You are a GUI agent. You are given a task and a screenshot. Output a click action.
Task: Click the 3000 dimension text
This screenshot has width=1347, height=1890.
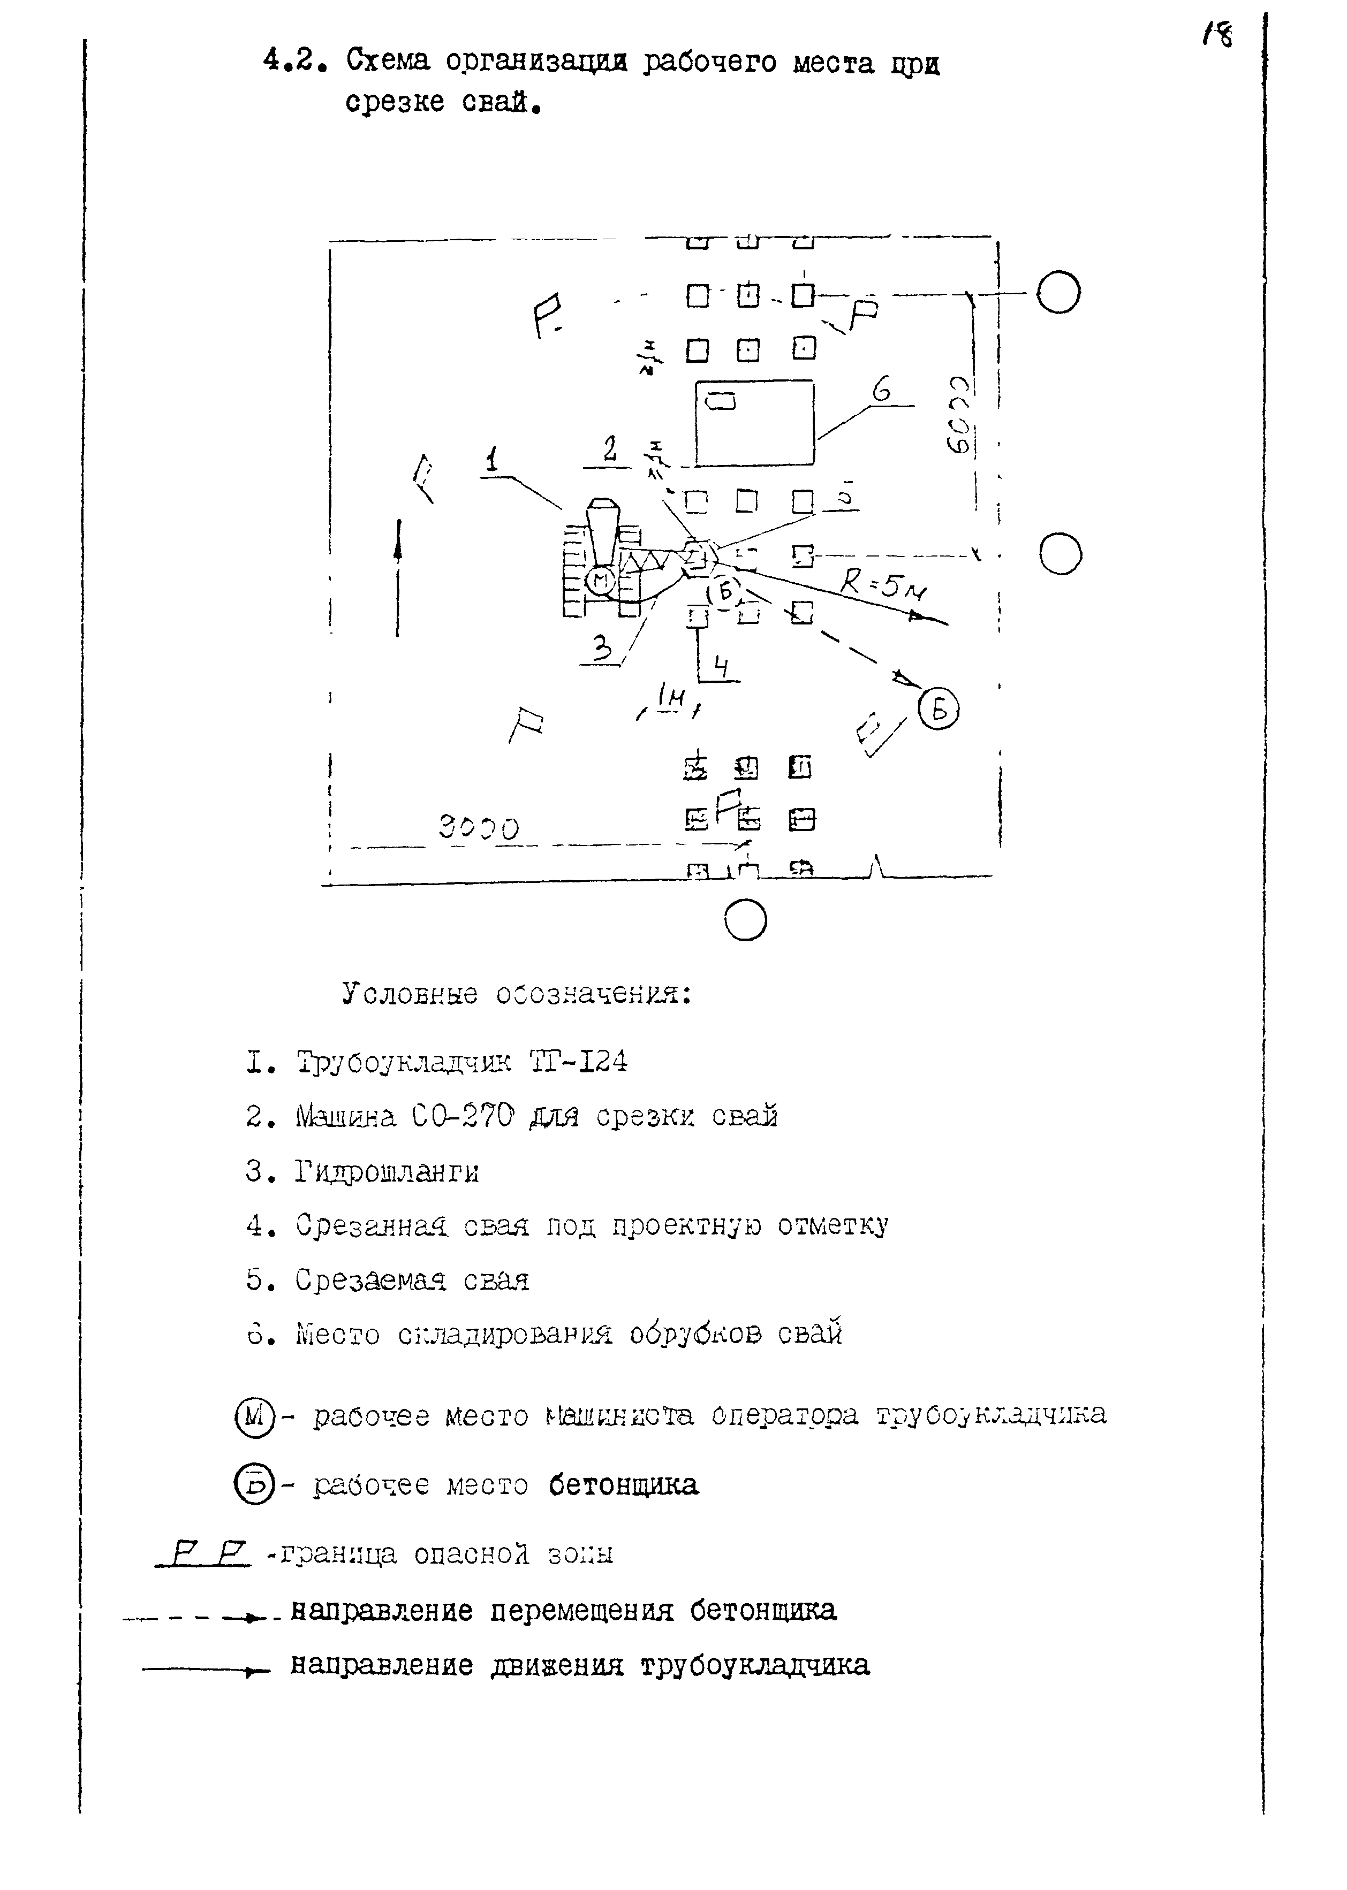pyautogui.click(x=479, y=826)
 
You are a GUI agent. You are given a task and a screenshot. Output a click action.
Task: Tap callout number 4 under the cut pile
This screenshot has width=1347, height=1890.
pyautogui.click(x=722, y=666)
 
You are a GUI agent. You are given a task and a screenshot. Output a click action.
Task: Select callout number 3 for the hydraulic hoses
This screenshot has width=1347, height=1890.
pyautogui.click(x=604, y=647)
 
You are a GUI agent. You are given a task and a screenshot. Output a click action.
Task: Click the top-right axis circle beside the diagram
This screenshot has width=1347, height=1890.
pyautogui.click(x=1058, y=293)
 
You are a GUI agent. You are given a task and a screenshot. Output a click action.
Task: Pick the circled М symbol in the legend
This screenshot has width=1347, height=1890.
pyautogui.click(x=253, y=1416)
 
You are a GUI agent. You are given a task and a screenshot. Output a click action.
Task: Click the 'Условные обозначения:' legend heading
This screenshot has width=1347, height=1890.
pyautogui.click(x=516, y=994)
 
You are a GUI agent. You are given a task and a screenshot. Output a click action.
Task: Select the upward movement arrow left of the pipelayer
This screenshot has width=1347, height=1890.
pyautogui.click(x=398, y=576)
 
